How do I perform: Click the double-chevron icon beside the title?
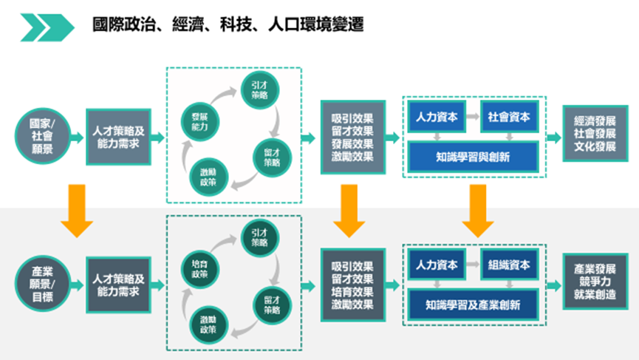(x=47, y=27)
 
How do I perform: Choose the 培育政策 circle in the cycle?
(x=200, y=268)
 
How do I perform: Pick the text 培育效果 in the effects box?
(x=352, y=291)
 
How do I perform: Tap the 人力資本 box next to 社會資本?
(x=436, y=117)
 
